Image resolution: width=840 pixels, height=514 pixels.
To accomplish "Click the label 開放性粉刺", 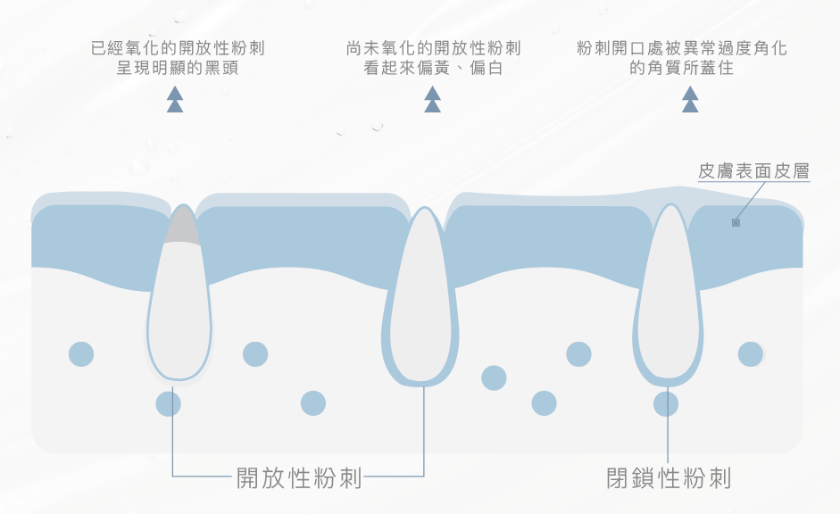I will click(x=299, y=478).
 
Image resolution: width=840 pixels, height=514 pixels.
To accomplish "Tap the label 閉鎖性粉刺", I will click(x=669, y=478).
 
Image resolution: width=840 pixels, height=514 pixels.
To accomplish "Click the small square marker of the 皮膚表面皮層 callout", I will click(x=736, y=222).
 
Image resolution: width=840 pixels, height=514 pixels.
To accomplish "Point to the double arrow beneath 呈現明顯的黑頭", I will click(x=175, y=100).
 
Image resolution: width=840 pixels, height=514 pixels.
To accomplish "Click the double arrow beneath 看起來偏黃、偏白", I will click(x=433, y=100).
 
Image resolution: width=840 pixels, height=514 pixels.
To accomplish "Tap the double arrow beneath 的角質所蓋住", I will click(x=690, y=100).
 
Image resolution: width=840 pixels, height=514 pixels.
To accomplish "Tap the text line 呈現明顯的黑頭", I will click(x=179, y=68).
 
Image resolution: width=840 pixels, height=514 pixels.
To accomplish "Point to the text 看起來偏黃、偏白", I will click(x=434, y=68).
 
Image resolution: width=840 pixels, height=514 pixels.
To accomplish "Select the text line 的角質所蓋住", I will click(x=683, y=68).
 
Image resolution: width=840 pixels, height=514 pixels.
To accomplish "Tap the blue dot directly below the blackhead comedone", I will click(x=168, y=404).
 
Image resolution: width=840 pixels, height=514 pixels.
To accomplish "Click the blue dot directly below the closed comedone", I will click(x=666, y=404).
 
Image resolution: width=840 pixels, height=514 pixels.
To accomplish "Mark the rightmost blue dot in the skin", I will click(x=751, y=354).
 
